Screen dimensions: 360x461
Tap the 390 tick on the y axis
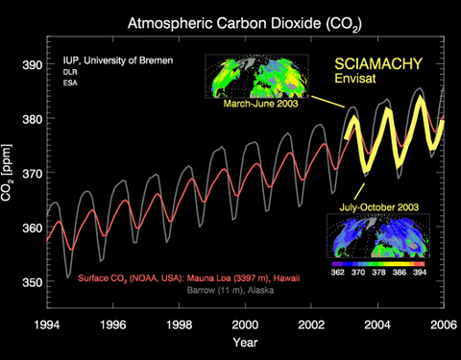coord(31,64)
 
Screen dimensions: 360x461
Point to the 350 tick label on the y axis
coord(31,282)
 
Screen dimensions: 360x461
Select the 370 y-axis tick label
coord(31,173)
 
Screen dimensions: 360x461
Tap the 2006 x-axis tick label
coord(443,324)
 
